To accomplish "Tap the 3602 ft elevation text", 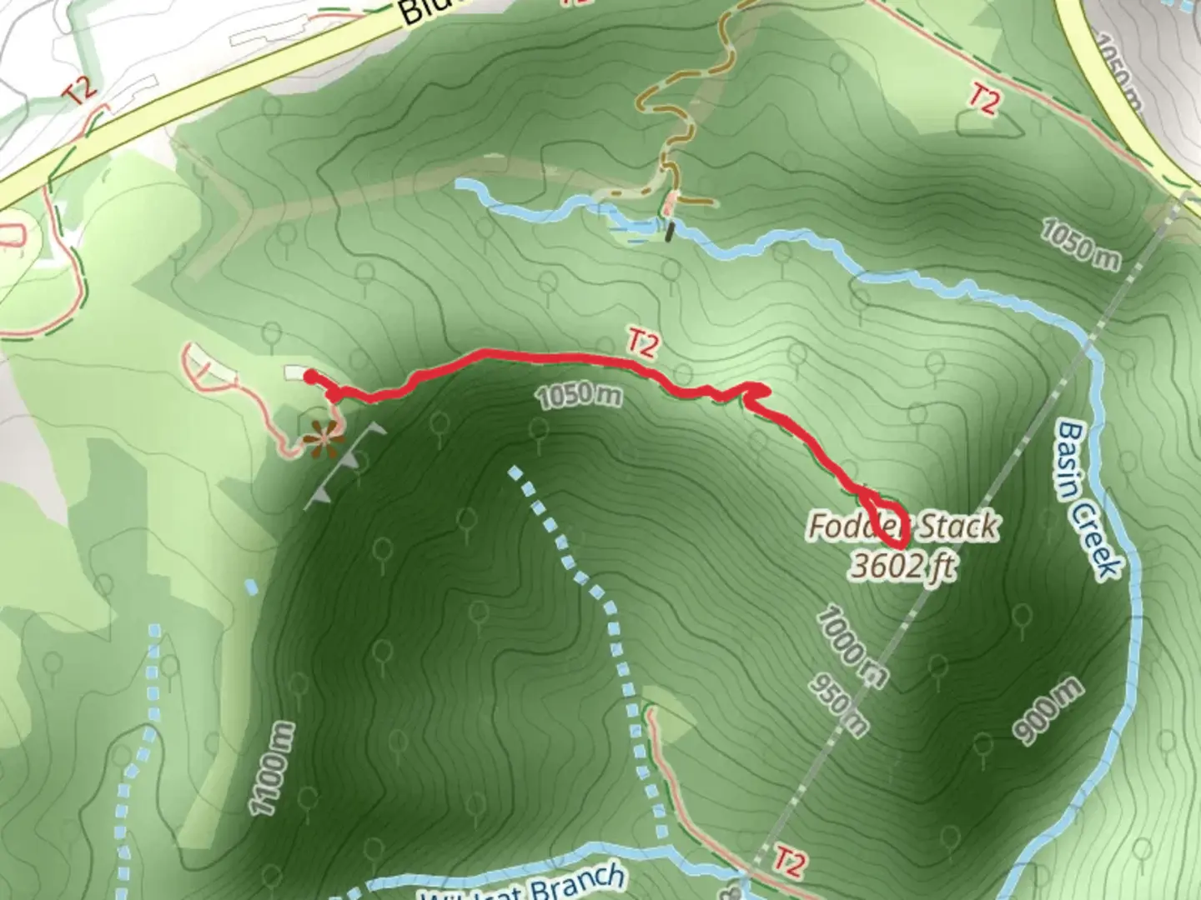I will (902, 567).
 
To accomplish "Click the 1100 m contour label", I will (272, 767).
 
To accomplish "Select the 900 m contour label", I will (1048, 710).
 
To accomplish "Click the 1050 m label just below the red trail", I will (579, 397).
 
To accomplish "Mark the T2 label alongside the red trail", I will (642, 343).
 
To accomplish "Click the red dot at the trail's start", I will (310, 377).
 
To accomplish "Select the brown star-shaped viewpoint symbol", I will (321, 438).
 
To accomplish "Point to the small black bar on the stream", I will (670, 231).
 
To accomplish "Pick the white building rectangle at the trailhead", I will (295, 372).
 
